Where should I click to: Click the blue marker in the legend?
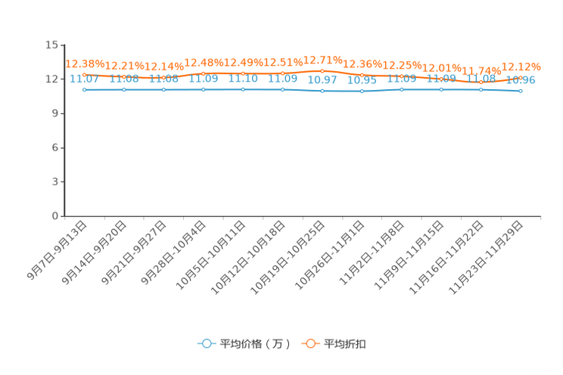[x=205, y=343]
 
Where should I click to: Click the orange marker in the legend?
[x=310, y=343]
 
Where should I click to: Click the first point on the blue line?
[x=84, y=89]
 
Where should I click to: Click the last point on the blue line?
[x=521, y=91]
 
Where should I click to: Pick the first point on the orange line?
[x=84, y=74]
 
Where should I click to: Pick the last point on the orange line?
[x=521, y=76]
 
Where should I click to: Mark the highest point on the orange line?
[x=322, y=70]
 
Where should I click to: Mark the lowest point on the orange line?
[x=481, y=80]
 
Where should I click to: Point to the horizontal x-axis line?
[x=303, y=216]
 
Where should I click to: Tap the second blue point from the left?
[x=124, y=89]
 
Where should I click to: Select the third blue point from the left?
[x=163, y=89]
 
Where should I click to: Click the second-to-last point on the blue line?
[x=481, y=89]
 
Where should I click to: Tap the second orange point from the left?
[x=124, y=76]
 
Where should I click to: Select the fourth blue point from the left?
[x=203, y=89]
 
